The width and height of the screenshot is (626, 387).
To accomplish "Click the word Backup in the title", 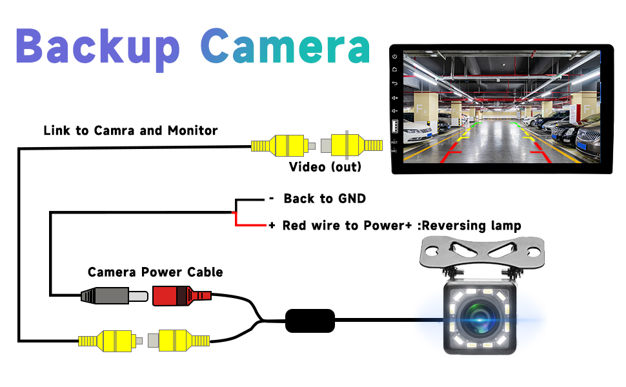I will click(x=97, y=46).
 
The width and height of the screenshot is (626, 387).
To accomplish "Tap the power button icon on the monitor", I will click(x=394, y=56).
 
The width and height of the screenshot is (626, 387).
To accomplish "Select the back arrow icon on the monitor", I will click(x=394, y=83).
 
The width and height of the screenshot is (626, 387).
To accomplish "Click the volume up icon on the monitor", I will click(x=394, y=97).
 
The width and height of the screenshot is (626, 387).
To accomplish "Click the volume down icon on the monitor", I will click(x=394, y=111).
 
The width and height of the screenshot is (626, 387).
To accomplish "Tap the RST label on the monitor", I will click(x=394, y=142).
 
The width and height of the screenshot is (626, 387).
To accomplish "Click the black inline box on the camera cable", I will click(x=310, y=320).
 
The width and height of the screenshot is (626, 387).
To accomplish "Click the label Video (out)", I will click(x=325, y=167).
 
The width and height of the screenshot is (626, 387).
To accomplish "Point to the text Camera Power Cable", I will click(x=155, y=272).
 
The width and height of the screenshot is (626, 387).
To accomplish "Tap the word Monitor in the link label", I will click(x=192, y=130).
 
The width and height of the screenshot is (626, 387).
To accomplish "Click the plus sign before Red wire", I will click(x=272, y=226).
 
